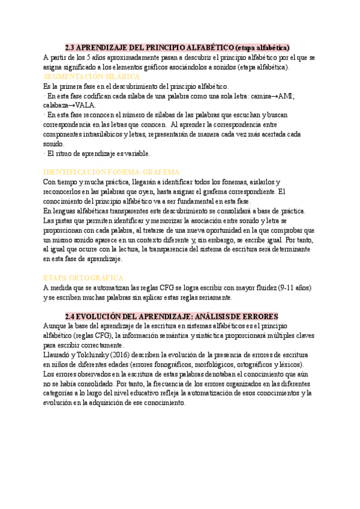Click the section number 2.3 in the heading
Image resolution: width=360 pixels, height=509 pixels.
point(70,47)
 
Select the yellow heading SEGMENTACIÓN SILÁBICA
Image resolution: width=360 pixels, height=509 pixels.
point(92,77)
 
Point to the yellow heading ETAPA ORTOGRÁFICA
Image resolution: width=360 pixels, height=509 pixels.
point(83,278)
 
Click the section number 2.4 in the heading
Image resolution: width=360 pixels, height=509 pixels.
point(70,316)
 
